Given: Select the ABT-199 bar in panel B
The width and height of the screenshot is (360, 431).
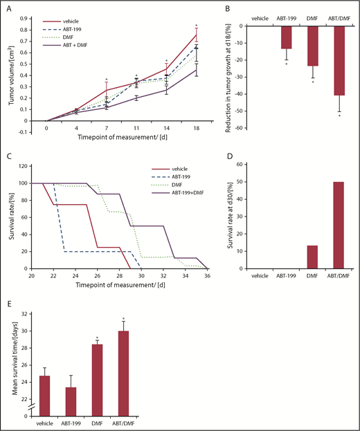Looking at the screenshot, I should click(x=286, y=37).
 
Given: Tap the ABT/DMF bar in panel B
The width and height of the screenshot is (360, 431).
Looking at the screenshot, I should click(x=339, y=60).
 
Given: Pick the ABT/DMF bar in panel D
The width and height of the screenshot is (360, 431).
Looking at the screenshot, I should click(x=339, y=225).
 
